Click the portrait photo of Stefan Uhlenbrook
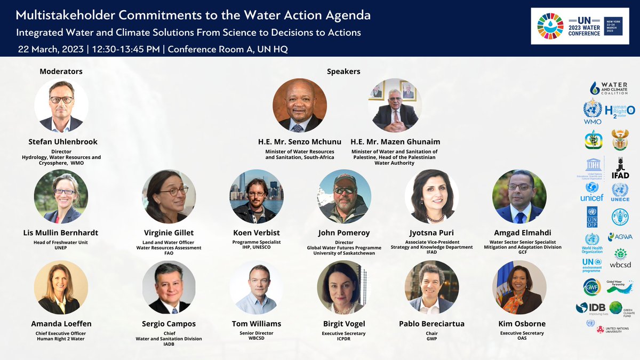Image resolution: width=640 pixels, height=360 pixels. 61,106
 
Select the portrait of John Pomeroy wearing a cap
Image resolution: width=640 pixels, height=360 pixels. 345,196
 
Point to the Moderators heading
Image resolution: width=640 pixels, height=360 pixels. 61,71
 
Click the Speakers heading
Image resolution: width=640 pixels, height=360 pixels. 343,71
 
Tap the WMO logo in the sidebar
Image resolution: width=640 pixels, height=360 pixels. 592,113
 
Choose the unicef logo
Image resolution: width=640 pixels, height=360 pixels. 592,191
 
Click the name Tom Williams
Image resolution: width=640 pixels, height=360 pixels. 256,324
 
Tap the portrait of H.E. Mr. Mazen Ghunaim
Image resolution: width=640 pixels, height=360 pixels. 395,106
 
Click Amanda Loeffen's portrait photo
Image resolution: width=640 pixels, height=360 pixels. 61,287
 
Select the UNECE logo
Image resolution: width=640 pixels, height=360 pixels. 620,192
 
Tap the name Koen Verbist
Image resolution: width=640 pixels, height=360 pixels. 256,233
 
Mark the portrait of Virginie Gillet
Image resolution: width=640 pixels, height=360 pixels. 169,196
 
